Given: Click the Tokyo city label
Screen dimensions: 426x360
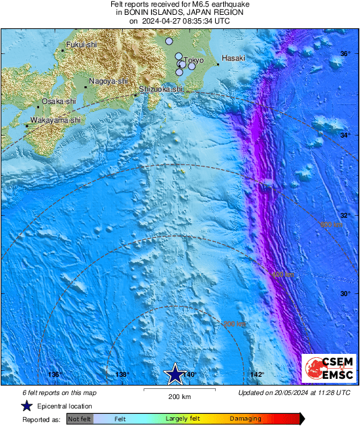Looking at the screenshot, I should pyautogui.click(x=193, y=60).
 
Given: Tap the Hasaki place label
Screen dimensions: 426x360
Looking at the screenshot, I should pyautogui.click(x=233, y=58).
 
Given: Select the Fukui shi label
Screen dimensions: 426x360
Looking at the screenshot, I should pyautogui.click(x=82, y=44).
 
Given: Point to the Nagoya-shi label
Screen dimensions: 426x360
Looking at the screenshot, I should pyautogui.click(x=109, y=81).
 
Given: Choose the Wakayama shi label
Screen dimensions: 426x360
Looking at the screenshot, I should pyautogui.click(x=54, y=120).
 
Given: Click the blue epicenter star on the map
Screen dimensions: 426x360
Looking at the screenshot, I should pyautogui.click(x=175, y=373).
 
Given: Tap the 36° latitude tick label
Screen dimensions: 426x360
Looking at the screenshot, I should pyautogui.click(x=344, y=54).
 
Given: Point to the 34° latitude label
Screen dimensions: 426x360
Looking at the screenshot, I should pyautogui.click(x=344, y=135).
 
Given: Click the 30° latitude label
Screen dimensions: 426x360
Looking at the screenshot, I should pyautogui.click(x=344, y=294).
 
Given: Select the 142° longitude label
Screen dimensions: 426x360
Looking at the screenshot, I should pyautogui.click(x=257, y=375).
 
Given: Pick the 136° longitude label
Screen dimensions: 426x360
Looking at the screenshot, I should pyautogui.click(x=55, y=375).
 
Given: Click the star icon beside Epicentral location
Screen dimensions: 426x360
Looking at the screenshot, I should pyautogui.click(x=26, y=406).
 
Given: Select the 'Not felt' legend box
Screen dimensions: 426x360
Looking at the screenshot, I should pyautogui.click(x=80, y=419).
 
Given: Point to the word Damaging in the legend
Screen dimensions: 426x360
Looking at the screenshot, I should pyautogui.click(x=241, y=419).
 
